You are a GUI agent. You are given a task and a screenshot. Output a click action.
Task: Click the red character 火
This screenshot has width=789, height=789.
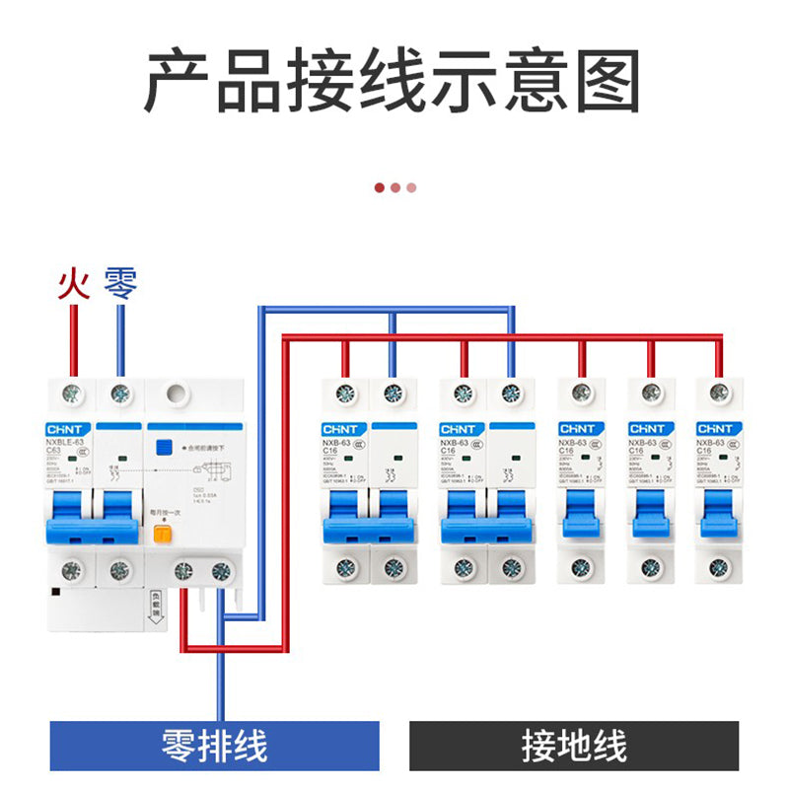[73, 285]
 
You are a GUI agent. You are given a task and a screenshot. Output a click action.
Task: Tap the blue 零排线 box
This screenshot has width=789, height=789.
[215, 746]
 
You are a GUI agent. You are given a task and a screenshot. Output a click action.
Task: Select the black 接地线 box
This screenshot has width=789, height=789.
[574, 746]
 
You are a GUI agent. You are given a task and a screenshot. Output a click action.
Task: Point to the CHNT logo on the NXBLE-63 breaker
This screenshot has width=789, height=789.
[69, 429]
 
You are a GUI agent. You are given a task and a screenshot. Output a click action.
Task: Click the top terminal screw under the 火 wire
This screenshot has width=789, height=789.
[71, 394]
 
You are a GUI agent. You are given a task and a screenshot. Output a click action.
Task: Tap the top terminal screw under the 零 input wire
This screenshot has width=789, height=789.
[120, 394]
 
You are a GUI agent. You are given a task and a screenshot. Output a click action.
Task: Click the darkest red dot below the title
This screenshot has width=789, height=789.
[380, 186]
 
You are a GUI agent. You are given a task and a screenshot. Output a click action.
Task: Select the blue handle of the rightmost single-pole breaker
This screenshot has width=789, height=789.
[718, 513]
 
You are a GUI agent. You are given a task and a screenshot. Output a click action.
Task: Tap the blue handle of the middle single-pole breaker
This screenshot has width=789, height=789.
[650, 513]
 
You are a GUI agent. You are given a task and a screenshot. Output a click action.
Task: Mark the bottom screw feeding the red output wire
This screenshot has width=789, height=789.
[183, 569]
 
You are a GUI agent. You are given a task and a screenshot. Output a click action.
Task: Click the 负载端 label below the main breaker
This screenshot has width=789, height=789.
[155, 604]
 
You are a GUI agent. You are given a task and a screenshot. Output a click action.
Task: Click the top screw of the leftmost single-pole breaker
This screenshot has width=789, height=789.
[581, 394]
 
